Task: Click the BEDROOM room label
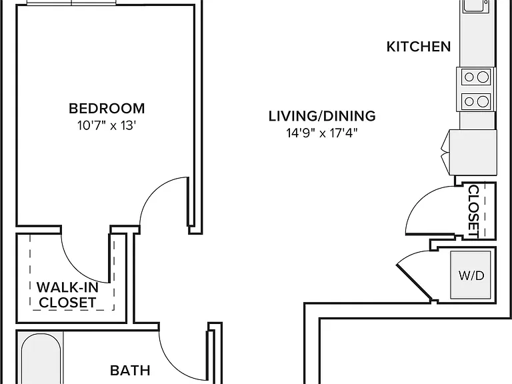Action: pos(107,109)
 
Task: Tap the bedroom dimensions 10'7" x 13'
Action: pos(107,125)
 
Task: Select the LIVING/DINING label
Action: pos(322,116)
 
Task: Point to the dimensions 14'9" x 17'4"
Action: pos(322,133)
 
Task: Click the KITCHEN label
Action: pos(419,47)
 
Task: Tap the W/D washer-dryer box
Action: pos(471,275)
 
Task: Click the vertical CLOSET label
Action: pos(473,211)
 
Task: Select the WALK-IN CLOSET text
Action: pos(67,295)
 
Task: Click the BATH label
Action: pos(130,371)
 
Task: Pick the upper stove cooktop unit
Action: pos(476,77)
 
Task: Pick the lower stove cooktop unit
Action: pos(476,101)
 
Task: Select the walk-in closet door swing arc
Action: pos(76,266)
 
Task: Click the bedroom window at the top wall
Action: pos(71,3)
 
